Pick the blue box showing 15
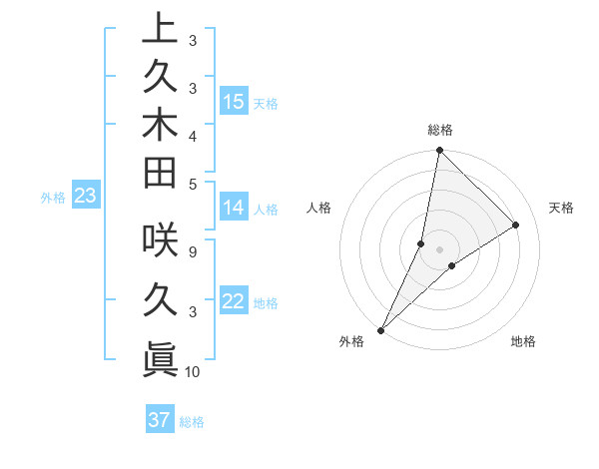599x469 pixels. point(234,102)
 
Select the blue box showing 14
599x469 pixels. point(234,208)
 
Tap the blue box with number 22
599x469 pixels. point(234,302)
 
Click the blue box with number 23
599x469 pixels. point(85,197)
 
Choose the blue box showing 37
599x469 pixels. point(160,420)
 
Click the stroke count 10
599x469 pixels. point(193,372)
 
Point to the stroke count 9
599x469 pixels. point(192,251)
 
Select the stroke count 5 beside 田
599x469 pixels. point(192,183)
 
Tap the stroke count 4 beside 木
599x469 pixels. point(192,136)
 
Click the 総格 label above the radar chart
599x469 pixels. point(439,130)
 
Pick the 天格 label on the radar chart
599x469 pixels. point(561,208)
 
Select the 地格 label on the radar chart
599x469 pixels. point(523,341)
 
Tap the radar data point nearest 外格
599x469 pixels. point(380,329)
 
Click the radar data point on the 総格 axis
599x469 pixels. point(439,150)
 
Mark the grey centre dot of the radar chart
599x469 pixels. point(439,249)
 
